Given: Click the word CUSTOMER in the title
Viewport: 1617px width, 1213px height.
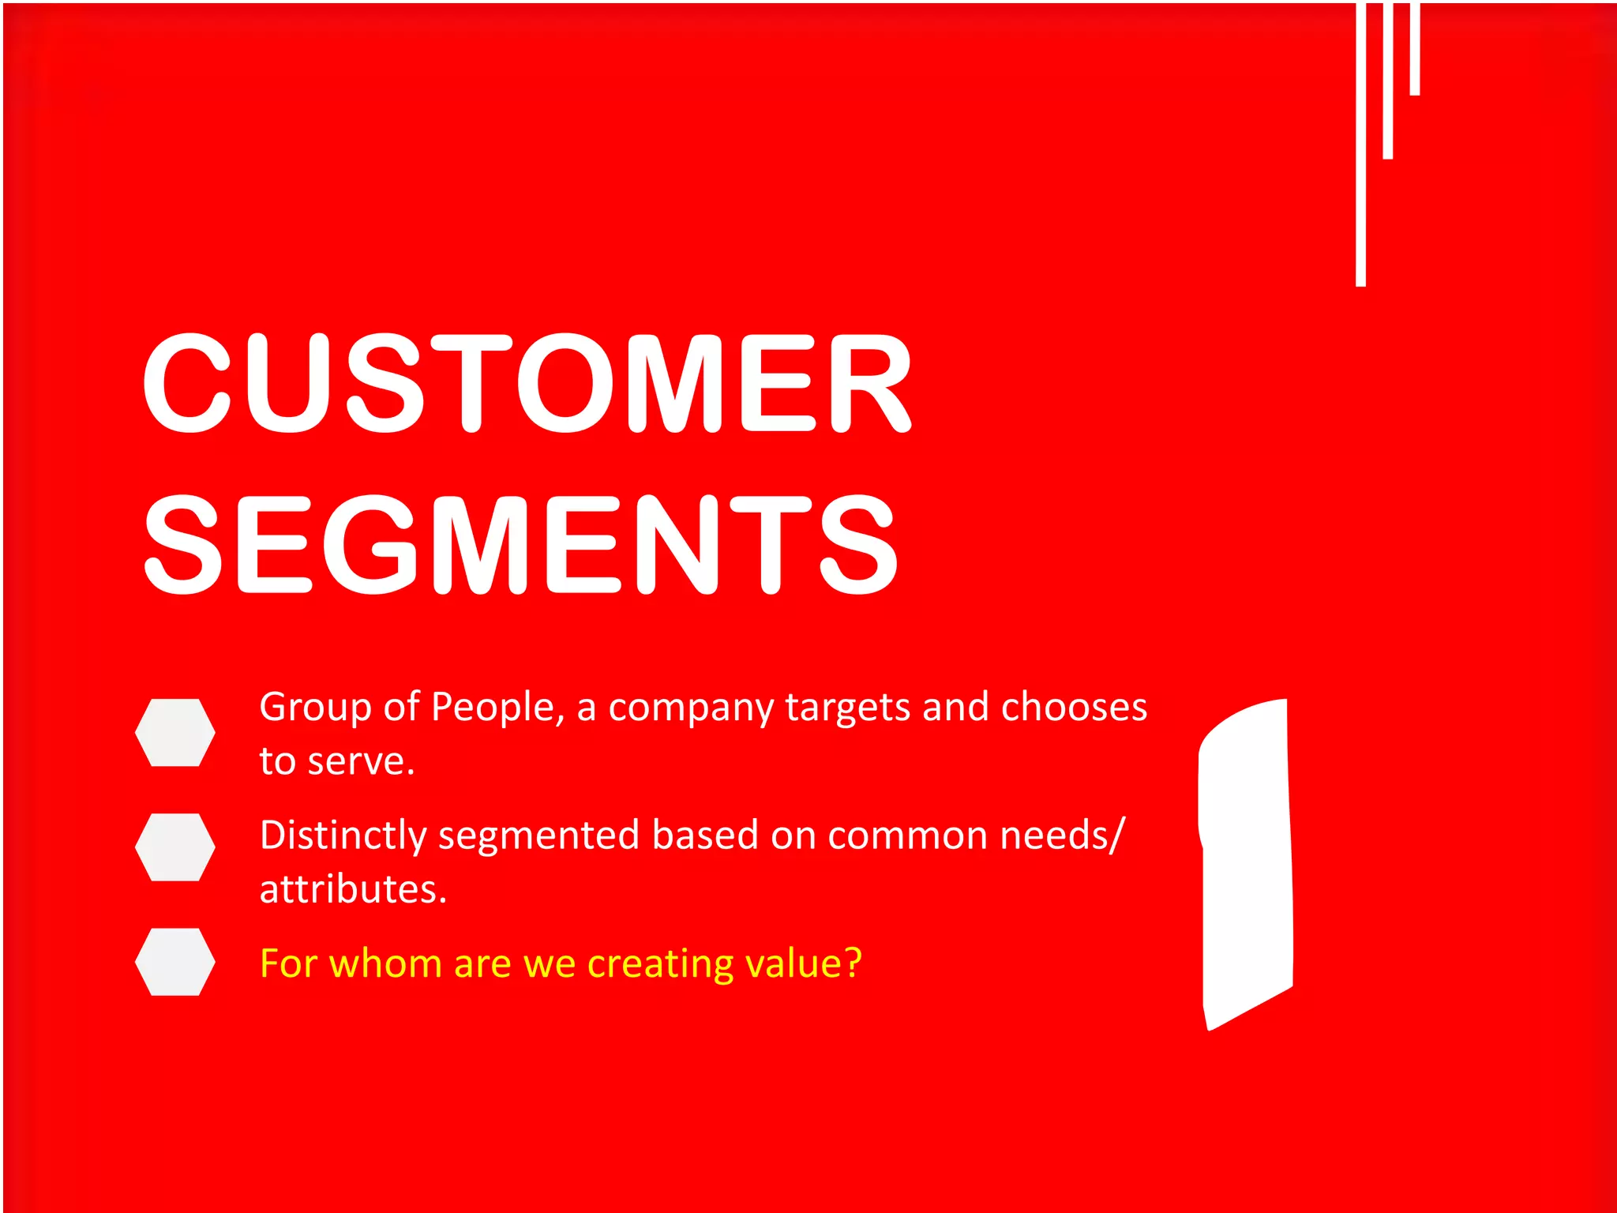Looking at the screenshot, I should click(x=527, y=384).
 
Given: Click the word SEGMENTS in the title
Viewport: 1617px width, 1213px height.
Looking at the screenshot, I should click(x=520, y=545).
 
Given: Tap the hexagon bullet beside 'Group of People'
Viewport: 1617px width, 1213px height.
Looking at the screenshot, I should click(x=174, y=732).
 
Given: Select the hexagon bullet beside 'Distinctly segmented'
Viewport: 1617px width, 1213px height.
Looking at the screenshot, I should click(x=174, y=847).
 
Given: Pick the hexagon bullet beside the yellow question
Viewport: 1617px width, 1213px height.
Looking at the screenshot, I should click(x=174, y=961).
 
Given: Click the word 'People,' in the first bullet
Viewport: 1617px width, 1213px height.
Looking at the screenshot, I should click(x=498, y=708).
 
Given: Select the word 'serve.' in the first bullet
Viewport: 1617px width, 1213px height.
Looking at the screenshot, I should click(x=361, y=762).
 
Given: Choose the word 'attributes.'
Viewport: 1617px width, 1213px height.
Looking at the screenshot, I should click(x=353, y=890).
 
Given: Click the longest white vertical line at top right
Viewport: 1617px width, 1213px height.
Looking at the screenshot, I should click(x=1360, y=142).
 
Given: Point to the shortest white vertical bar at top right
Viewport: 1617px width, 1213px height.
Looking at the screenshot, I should click(x=1415, y=47).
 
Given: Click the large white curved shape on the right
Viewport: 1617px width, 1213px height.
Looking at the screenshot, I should click(x=1246, y=861).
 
